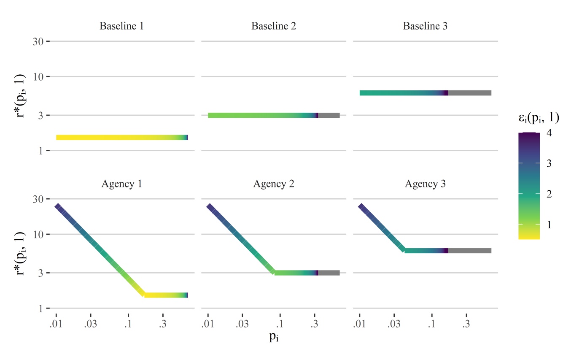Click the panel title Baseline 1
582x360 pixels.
click(121, 26)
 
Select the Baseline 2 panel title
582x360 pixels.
click(273, 26)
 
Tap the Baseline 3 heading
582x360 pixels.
click(425, 26)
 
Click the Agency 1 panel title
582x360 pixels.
click(121, 184)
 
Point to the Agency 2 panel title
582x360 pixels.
click(273, 184)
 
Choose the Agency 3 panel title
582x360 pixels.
click(425, 184)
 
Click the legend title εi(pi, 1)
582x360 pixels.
click(539, 119)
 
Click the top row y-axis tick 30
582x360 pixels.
click(38, 41)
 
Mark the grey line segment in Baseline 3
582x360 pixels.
click(469, 93)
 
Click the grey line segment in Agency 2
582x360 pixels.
click(329, 273)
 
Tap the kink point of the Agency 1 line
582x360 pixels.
click(145, 295)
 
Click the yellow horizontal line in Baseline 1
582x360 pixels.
click(114, 137)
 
